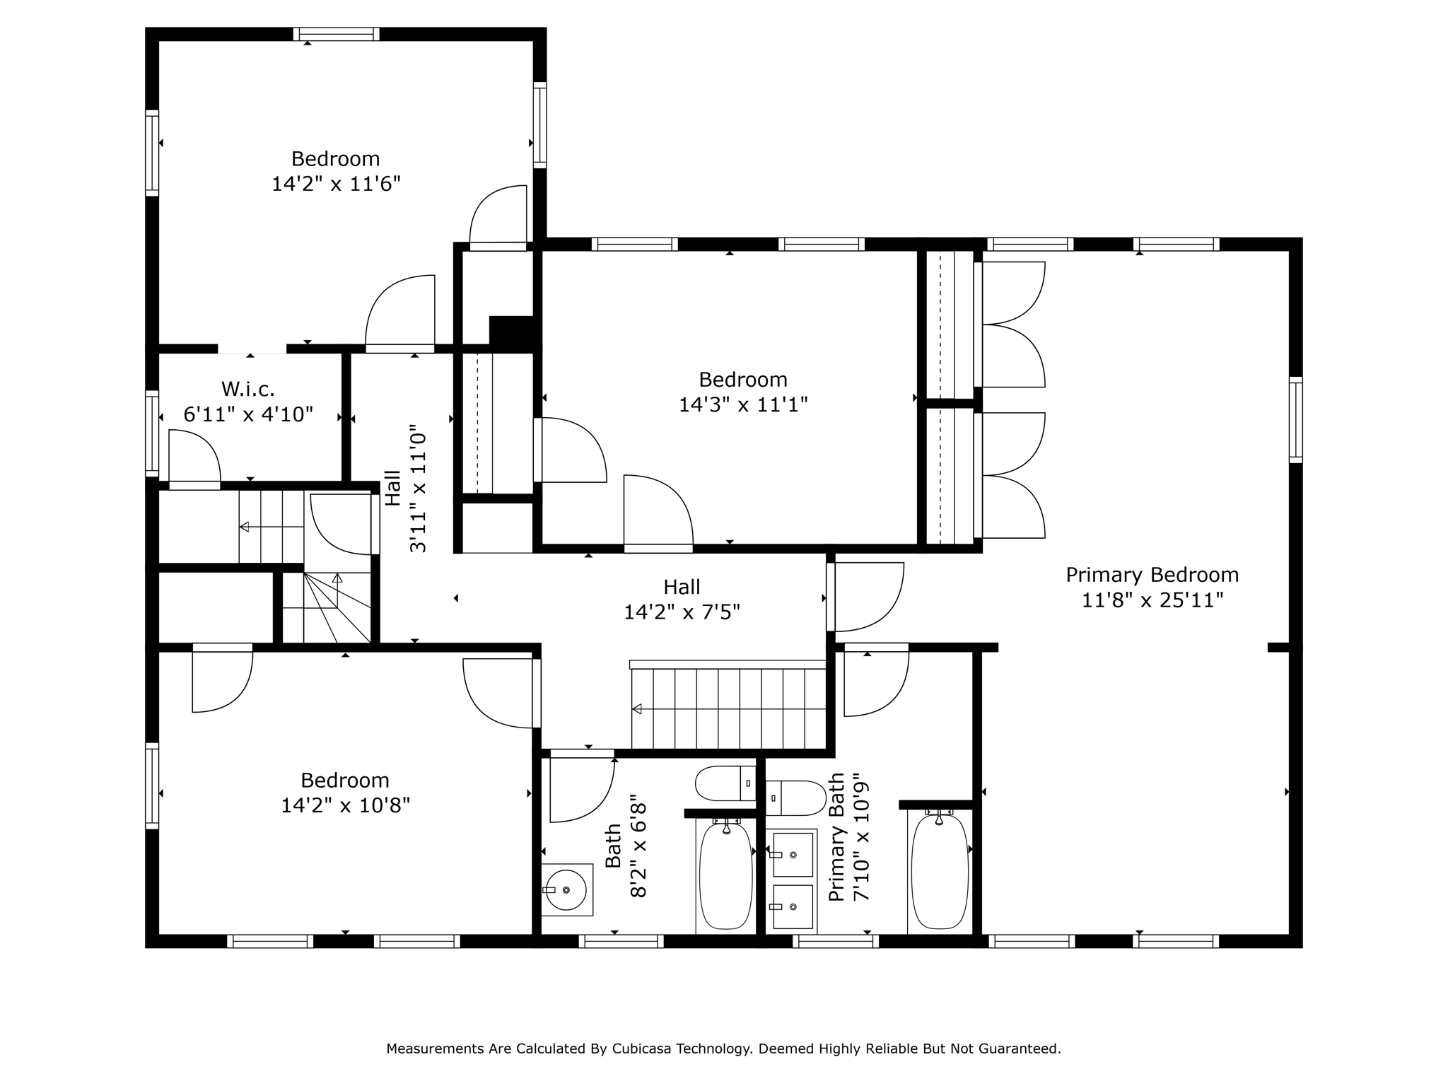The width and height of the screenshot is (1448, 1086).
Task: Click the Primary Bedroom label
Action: (x=1152, y=575)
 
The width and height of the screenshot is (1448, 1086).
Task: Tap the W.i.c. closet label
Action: (x=247, y=389)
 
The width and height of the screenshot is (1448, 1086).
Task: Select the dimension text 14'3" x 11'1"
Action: (x=743, y=404)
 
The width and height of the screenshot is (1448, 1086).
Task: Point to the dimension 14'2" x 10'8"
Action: (x=345, y=805)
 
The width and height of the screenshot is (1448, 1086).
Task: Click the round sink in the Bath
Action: (x=566, y=890)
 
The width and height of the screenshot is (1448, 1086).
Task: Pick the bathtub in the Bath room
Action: (x=725, y=876)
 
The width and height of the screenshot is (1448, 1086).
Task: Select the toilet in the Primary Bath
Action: (x=795, y=798)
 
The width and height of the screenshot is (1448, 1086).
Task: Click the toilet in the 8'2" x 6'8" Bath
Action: (x=725, y=783)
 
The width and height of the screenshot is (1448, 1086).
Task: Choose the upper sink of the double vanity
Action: (x=793, y=855)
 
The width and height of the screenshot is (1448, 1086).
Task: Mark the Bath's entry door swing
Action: (x=581, y=788)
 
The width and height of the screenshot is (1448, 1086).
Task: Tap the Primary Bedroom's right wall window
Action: (x=1295, y=420)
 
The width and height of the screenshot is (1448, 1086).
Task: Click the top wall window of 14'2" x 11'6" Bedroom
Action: (x=337, y=34)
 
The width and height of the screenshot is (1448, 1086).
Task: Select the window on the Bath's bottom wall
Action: (x=621, y=941)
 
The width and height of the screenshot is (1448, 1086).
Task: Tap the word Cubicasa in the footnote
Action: (x=642, y=1049)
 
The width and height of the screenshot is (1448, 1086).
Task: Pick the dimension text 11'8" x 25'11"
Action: (x=1152, y=600)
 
